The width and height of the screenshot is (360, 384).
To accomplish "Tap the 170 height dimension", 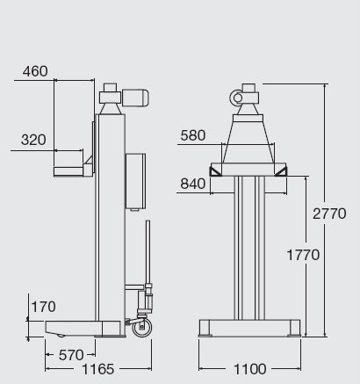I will [43, 307].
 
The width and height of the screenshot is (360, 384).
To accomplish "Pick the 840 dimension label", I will [193, 184].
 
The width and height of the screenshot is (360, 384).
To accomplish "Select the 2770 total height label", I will [330, 213].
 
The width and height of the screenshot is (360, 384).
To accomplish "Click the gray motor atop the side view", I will [135, 98].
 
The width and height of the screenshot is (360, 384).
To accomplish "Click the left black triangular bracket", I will [215, 169].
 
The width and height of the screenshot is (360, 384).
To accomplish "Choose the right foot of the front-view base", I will [292, 329].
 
